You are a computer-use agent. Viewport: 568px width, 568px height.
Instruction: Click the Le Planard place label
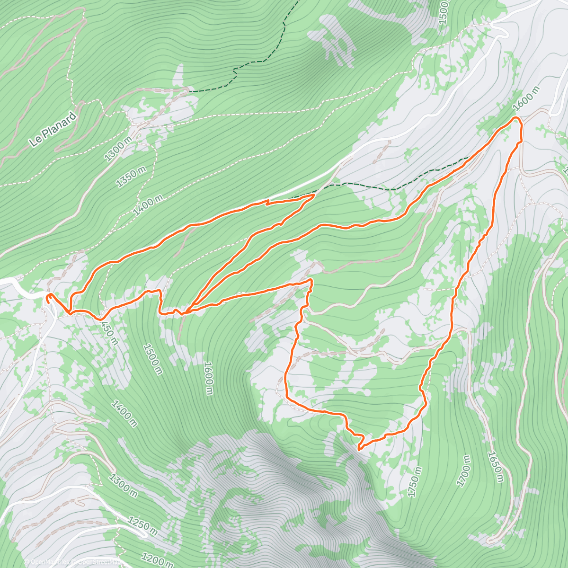(x=53, y=129)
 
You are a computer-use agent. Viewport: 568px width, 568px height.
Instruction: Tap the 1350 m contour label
(x=131, y=177)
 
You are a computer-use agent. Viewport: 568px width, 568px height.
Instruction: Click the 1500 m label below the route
(x=152, y=359)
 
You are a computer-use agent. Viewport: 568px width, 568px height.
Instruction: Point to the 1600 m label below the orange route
(x=208, y=378)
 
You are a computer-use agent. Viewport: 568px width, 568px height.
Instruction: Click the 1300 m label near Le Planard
(x=118, y=149)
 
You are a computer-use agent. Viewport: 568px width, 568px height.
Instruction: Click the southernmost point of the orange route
(x=359, y=449)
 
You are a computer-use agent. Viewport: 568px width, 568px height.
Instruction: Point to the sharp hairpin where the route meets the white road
(x=313, y=195)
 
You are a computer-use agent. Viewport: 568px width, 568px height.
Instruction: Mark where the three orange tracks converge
(x=185, y=312)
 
